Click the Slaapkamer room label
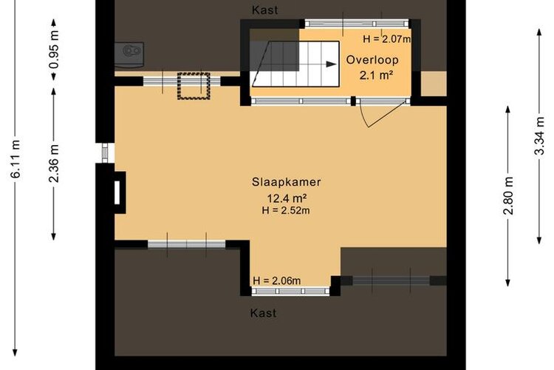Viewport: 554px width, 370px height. (x=286, y=182)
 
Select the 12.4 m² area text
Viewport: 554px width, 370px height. (x=287, y=198)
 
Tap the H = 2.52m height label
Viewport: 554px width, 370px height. (x=286, y=210)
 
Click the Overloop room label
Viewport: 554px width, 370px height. (x=372, y=60)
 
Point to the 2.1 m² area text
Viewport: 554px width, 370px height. (x=377, y=75)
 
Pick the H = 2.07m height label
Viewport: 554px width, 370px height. (x=387, y=38)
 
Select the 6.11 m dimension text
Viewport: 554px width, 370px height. (x=16, y=159)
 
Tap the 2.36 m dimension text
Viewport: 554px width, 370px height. (x=54, y=164)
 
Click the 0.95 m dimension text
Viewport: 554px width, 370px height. (x=54, y=50)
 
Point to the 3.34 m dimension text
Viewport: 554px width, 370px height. (x=539, y=136)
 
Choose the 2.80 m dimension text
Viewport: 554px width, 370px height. (x=508, y=196)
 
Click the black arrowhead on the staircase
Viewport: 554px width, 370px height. (x=331, y=64)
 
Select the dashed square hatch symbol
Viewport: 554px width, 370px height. (x=194, y=86)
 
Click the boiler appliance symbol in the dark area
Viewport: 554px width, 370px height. (x=129, y=55)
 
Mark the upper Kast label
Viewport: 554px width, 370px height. (x=265, y=10)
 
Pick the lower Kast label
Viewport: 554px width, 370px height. (x=264, y=313)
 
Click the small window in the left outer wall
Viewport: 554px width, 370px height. (x=105, y=153)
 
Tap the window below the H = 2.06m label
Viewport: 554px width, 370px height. (x=290, y=291)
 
